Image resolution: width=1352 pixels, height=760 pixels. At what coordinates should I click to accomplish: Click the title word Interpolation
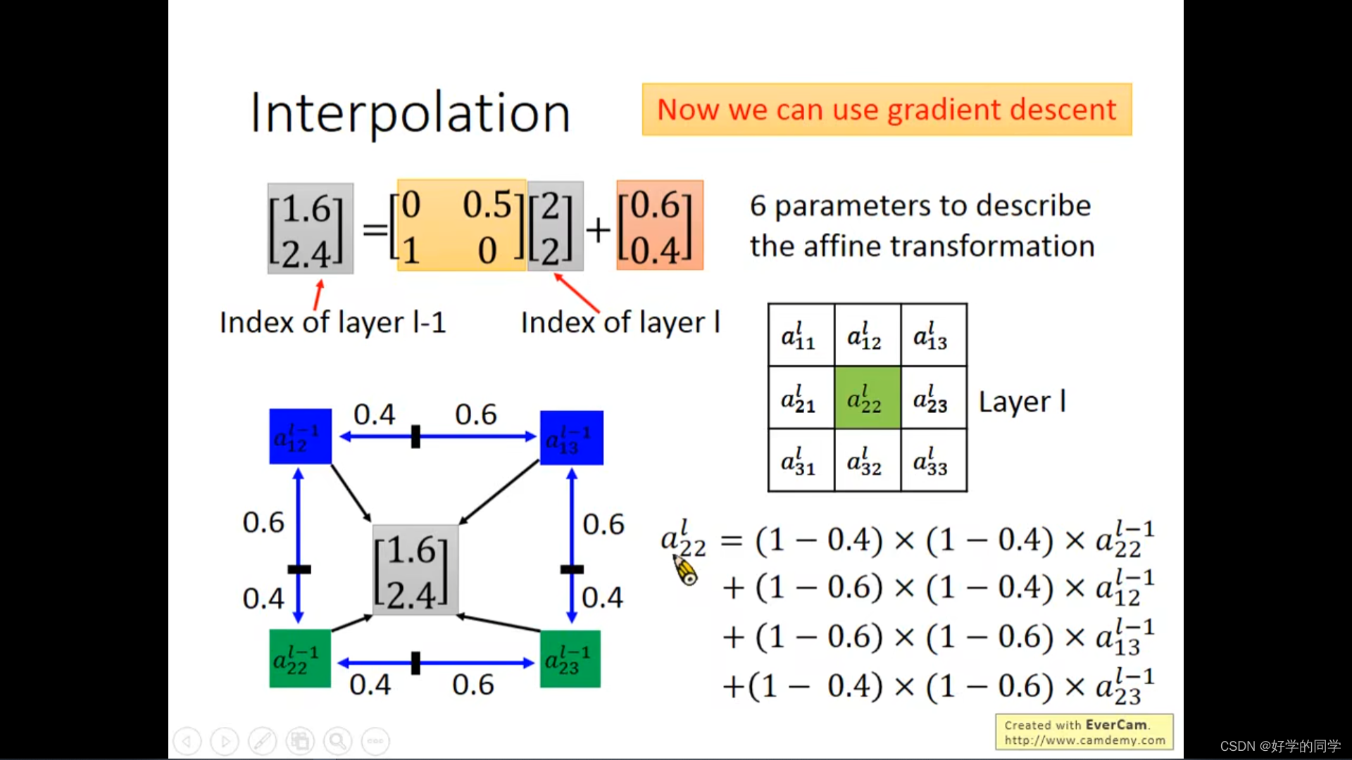410,113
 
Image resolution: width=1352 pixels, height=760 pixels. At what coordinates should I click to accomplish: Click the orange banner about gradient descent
886,110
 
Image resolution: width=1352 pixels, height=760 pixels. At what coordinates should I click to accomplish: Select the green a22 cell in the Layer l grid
867,398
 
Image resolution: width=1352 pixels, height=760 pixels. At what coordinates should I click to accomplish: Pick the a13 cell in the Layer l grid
933,336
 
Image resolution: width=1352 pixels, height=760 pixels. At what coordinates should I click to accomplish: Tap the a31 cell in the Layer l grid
801,461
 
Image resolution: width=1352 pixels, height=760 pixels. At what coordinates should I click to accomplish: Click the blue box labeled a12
300,436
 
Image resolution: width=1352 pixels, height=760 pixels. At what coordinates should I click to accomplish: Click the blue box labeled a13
571,438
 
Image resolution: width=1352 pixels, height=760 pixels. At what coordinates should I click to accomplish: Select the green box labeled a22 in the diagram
300,659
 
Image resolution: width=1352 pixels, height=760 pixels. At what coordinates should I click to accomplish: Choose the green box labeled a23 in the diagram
570,659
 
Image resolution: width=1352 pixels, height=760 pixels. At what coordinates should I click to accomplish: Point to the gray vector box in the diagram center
415,570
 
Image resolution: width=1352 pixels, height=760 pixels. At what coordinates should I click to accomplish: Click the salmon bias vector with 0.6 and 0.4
659,226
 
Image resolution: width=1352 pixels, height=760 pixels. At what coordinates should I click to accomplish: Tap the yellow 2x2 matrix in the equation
461,226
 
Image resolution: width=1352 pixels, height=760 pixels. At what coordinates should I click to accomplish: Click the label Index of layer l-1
332,323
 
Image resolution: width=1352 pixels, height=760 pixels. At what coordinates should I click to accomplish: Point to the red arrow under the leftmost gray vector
319,294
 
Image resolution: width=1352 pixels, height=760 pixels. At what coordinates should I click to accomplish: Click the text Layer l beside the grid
1022,402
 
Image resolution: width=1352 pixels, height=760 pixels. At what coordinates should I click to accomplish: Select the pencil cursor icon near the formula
685,570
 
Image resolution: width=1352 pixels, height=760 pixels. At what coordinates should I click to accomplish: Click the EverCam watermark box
1084,732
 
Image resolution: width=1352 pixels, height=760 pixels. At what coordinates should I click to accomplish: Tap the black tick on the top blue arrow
415,437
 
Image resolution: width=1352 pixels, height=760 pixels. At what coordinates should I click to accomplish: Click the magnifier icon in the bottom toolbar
337,741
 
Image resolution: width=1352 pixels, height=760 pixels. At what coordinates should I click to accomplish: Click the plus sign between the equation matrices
599,229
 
